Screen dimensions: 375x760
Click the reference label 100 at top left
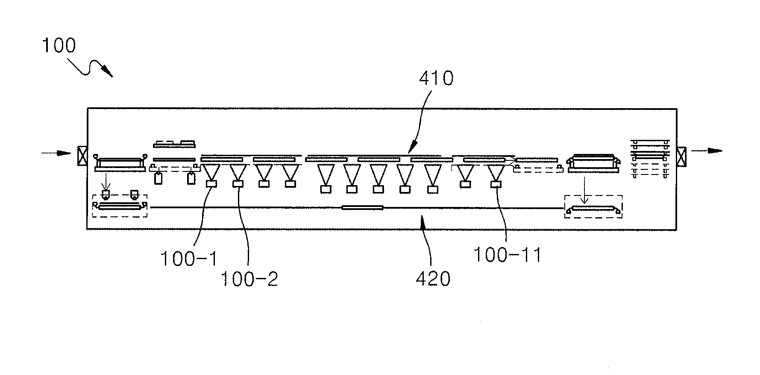click(x=59, y=46)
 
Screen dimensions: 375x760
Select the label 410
click(x=436, y=79)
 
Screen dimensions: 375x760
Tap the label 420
click(x=433, y=279)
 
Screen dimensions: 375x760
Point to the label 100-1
click(x=188, y=259)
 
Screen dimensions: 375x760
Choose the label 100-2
click(x=249, y=279)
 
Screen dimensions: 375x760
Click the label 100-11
click(x=507, y=255)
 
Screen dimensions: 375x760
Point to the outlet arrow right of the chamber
click(x=707, y=151)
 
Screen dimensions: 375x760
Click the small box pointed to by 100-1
click(x=211, y=184)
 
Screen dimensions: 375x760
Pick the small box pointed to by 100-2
click(x=238, y=184)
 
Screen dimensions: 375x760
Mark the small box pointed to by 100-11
click(x=496, y=184)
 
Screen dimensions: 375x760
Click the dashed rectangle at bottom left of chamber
click(x=120, y=206)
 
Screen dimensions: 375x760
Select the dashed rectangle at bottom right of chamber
click(x=593, y=207)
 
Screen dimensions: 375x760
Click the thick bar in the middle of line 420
click(x=363, y=208)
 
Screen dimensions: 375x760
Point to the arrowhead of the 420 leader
click(x=423, y=221)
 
